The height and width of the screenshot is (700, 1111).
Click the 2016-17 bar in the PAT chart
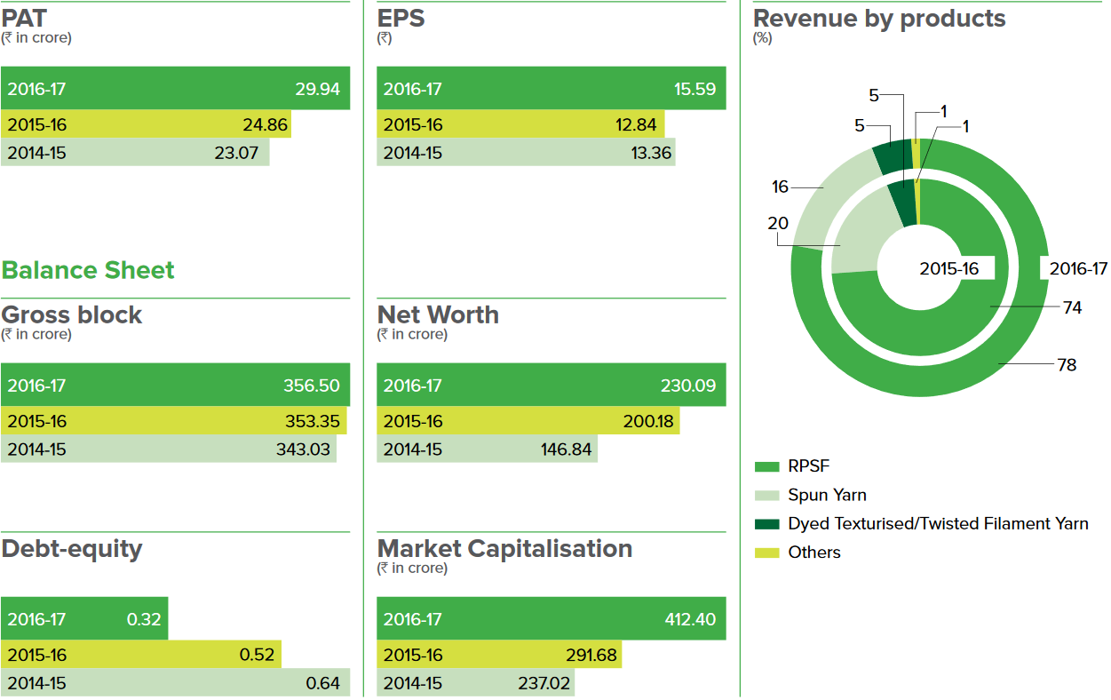click(x=175, y=89)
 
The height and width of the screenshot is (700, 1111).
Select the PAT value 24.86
click(x=266, y=124)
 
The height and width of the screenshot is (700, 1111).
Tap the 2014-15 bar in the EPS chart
click(x=525, y=153)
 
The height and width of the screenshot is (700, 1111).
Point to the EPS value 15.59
click(x=694, y=89)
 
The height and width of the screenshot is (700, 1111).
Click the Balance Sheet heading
click(x=88, y=270)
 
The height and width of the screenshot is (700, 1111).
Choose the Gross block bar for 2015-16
click(x=173, y=421)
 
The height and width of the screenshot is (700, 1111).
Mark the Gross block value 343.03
click(x=303, y=449)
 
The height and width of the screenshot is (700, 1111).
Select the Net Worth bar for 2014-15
click(x=487, y=449)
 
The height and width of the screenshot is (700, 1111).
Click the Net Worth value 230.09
click(x=688, y=386)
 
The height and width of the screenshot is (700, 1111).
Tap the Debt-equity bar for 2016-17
click(x=84, y=619)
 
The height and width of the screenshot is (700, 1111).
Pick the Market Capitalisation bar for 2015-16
click(x=499, y=656)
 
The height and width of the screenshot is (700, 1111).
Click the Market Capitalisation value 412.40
click(x=690, y=619)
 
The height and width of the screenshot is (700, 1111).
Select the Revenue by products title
click(x=879, y=19)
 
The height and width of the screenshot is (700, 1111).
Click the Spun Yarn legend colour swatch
click(x=766, y=495)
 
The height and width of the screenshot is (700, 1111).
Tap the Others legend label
click(x=813, y=553)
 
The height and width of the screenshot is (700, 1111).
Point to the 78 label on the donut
click(x=1067, y=364)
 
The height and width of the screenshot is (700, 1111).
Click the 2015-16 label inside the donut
click(x=949, y=268)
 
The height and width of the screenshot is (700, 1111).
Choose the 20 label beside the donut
click(x=778, y=224)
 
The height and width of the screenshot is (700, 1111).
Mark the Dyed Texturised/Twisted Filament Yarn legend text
click(x=938, y=524)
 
